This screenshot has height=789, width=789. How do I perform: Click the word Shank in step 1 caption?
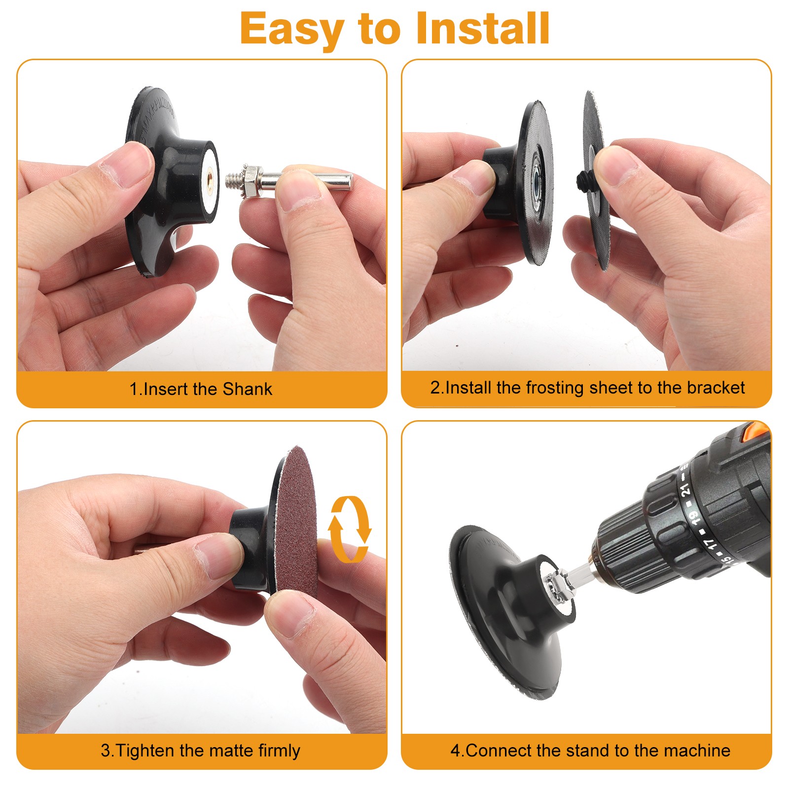247,389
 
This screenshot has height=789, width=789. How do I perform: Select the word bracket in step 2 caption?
716,388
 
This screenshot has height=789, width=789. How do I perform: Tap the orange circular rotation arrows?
350,529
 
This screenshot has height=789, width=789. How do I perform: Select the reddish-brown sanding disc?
296,523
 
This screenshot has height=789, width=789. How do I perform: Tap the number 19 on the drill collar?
694,516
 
